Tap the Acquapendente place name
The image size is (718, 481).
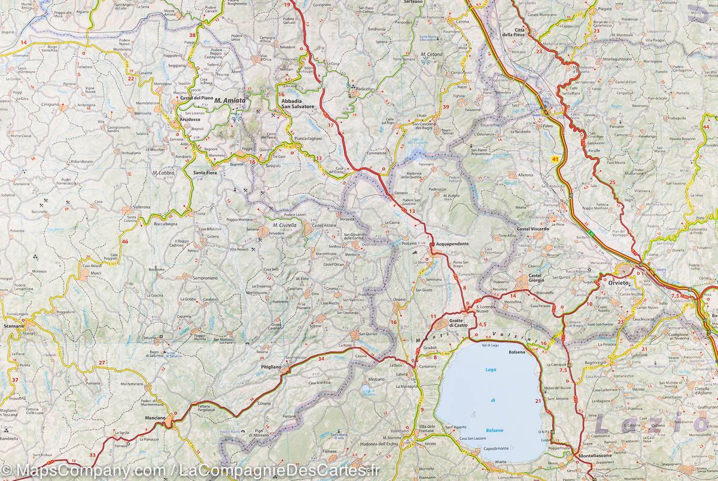(x=452, y=244)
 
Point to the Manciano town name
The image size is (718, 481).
(x=155, y=425)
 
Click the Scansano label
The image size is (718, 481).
(x=13, y=326)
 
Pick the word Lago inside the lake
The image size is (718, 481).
(x=491, y=371)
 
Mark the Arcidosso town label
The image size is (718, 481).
(x=173, y=119)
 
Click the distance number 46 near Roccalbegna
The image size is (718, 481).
(x=124, y=241)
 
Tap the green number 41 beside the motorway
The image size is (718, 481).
(x=556, y=159)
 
